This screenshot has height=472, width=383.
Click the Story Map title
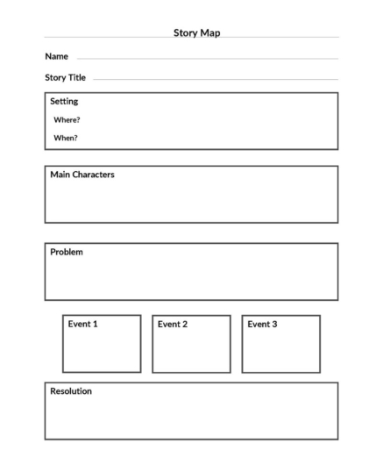tap(196, 32)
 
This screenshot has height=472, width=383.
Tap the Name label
tap(56, 56)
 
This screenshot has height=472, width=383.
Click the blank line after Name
tap(207, 59)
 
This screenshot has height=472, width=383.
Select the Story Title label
tap(65, 77)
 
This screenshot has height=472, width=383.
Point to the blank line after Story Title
tap(215, 80)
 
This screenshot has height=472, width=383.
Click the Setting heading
tap(64, 101)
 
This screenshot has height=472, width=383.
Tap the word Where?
tap(67, 119)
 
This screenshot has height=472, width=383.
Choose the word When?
tap(66, 138)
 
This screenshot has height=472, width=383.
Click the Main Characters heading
tap(82, 175)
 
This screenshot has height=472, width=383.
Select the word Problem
tap(67, 252)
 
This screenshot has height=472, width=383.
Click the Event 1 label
tap(82, 324)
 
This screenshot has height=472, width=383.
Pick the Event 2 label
tap(173, 324)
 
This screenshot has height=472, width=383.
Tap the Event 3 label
tap(262, 324)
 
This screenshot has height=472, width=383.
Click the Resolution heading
tap(71, 391)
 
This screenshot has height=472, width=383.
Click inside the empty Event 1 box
tap(102, 351)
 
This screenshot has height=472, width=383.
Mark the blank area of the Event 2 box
tap(191, 351)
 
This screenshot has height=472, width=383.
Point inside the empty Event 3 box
tap(280, 351)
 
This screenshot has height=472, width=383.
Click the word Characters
tap(94, 175)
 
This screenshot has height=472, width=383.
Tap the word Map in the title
tap(210, 32)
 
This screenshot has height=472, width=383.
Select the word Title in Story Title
tap(76, 77)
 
